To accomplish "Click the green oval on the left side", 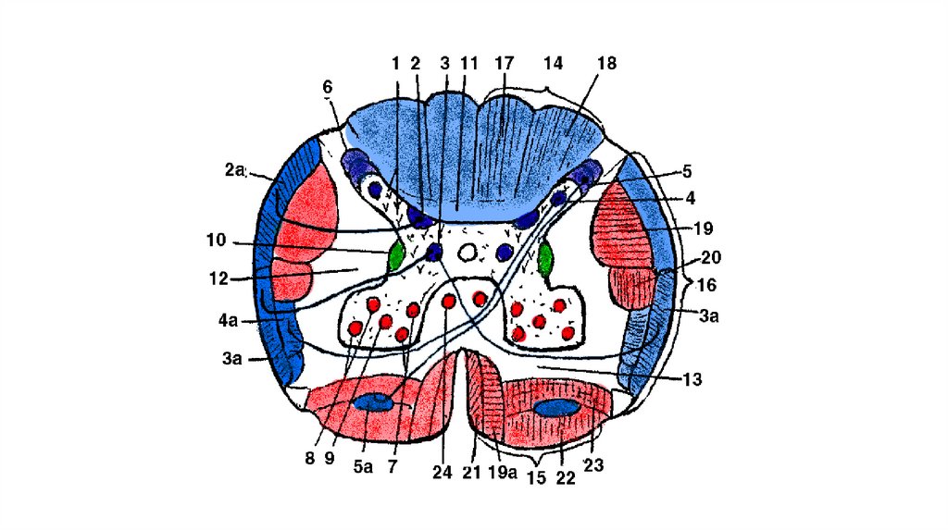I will pyautogui.click(x=396, y=254).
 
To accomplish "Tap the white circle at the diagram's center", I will pyautogui.click(x=468, y=252).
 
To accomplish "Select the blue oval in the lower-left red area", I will pyautogui.click(x=373, y=402).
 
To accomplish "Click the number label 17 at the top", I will pyautogui.click(x=505, y=64).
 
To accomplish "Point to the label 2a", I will pyautogui.click(x=234, y=168).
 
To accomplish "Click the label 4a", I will pyautogui.click(x=228, y=321).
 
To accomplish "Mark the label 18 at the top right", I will pyautogui.click(x=606, y=64).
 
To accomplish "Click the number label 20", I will pyautogui.click(x=711, y=257).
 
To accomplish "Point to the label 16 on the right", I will pyautogui.click(x=706, y=284).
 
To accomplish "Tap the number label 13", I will pyautogui.click(x=692, y=378).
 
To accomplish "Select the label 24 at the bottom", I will pyautogui.click(x=442, y=472).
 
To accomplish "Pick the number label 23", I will pyautogui.click(x=593, y=467).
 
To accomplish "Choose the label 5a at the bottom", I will pyautogui.click(x=362, y=467).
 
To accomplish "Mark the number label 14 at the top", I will pyautogui.click(x=553, y=64).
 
